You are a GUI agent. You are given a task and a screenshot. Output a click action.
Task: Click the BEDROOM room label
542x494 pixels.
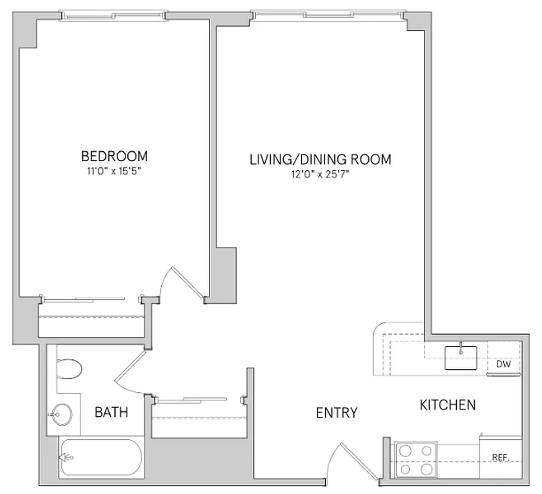click(x=114, y=155)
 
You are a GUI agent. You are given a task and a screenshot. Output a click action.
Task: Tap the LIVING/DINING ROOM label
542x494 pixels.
click(x=320, y=159)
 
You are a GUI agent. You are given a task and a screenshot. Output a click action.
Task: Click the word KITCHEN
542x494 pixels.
click(x=447, y=405)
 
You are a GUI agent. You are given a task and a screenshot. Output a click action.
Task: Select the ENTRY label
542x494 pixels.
click(x=336, y=413)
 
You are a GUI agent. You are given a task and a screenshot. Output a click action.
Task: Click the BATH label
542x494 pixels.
click(x=111, y=412)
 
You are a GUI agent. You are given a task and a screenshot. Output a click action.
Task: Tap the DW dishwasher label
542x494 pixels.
click(x=504, y=364)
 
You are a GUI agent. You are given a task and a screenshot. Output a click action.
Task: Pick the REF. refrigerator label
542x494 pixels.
click(x=500, y=458)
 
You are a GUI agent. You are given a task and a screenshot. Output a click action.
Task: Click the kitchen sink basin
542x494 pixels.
click(x=461, y=358)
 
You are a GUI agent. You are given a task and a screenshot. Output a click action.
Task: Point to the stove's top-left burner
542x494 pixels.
click(x=405, y=451)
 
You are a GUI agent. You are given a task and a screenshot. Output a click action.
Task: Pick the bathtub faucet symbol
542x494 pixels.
click(x=64, y=458)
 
